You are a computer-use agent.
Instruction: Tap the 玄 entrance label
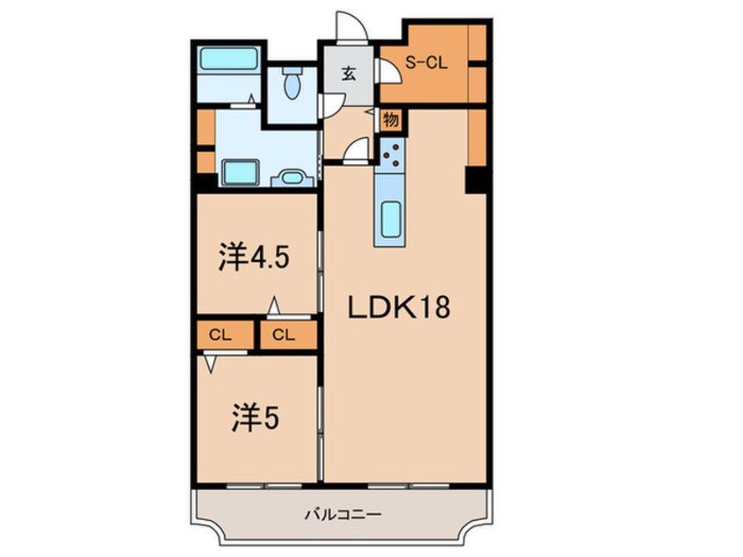pos(348,74)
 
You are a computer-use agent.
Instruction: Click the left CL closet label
pos(220,335)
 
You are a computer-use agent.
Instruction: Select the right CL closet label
pos(282,335)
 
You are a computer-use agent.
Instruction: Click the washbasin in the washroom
pos(291,178)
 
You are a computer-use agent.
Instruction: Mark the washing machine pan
pos(238,171)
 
